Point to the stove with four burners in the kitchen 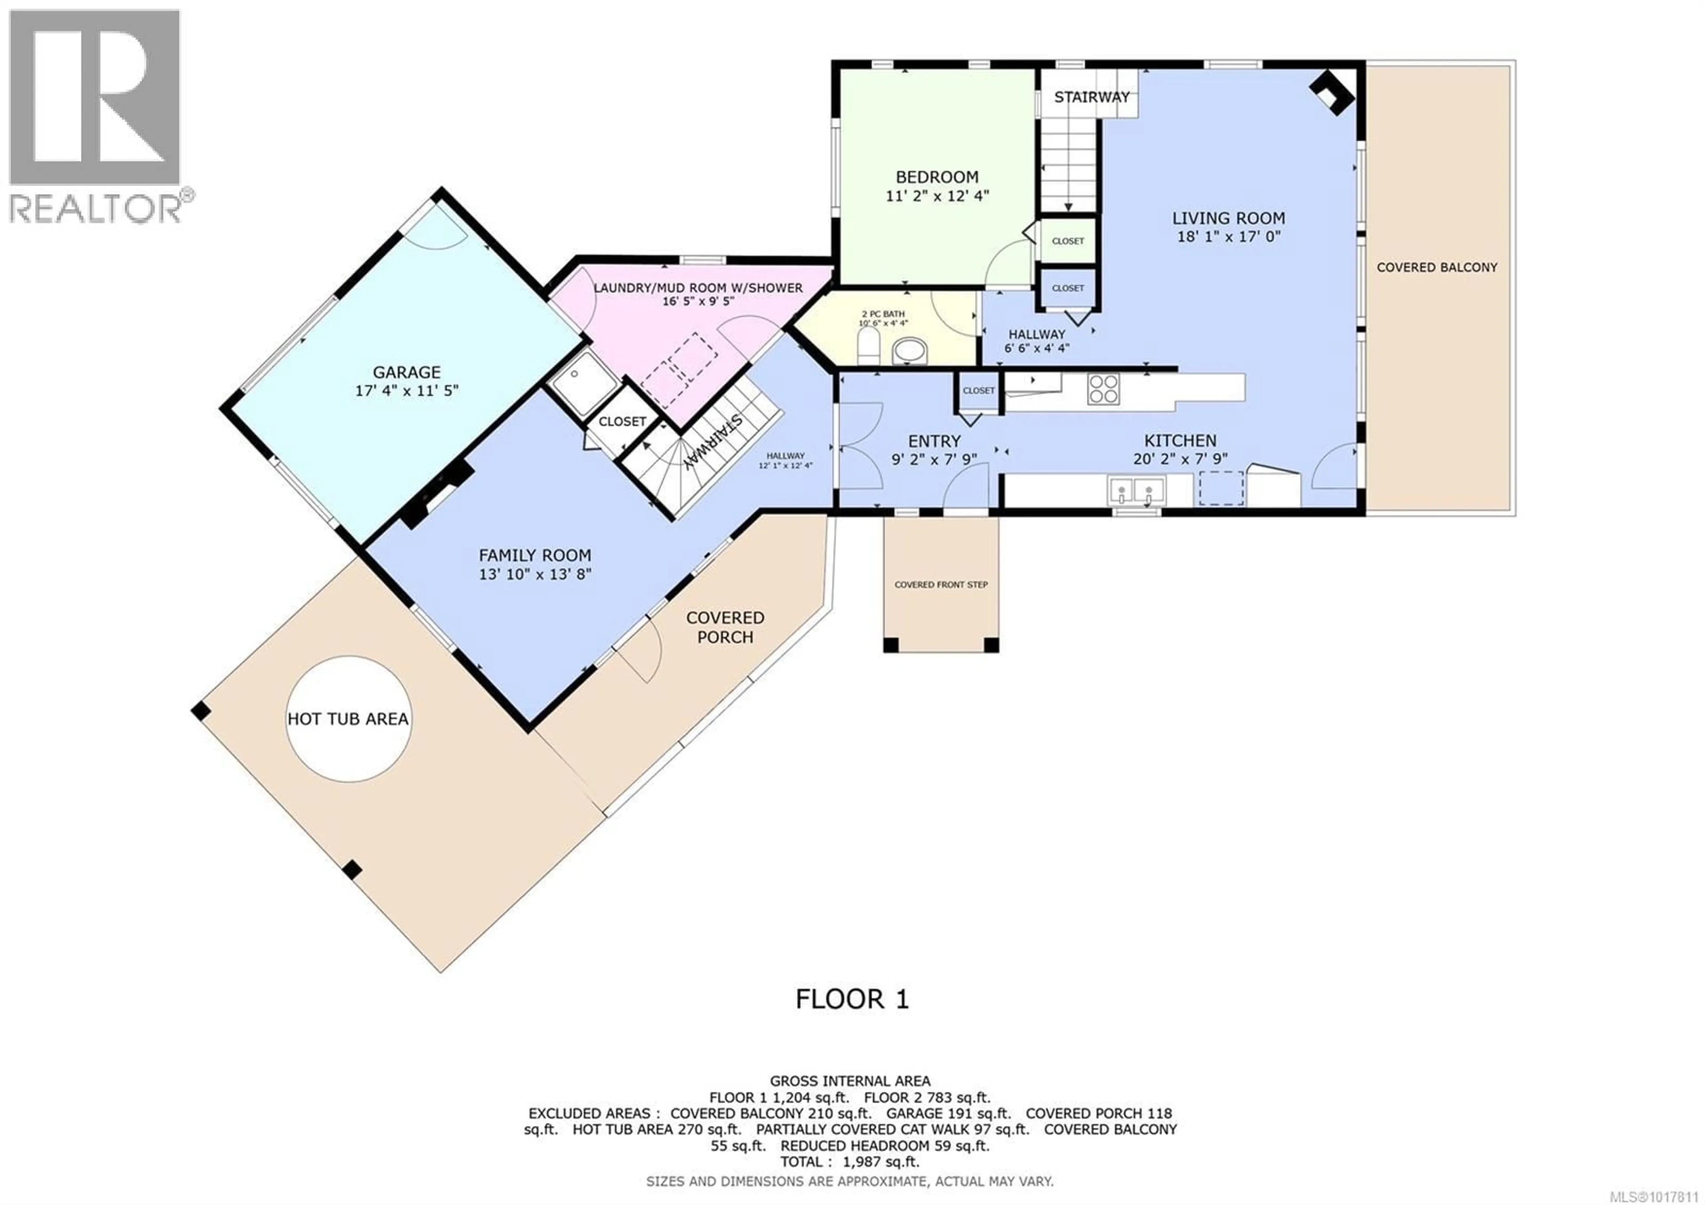(x=1103, y=388)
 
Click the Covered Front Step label (x=941, y=585)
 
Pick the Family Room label (x=535, y=555)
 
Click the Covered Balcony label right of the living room (x=1437, y=267)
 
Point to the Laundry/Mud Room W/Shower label (x=698, y=287)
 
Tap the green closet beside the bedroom (x=1068, y=241)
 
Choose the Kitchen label (x=1180, y=441)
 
